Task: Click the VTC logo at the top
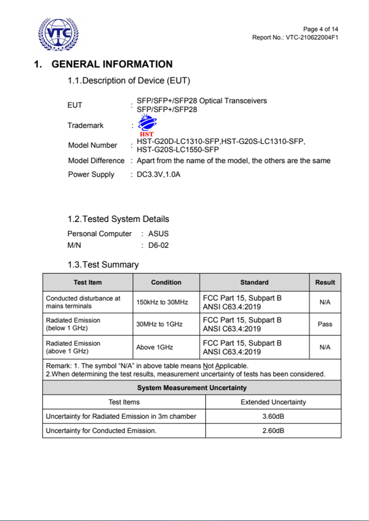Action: click(58, 34)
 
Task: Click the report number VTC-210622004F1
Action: click(312, 37)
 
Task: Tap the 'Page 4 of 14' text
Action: click(320, 29)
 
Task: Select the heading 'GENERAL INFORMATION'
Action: click(112, 64)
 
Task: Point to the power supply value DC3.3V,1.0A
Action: click(158, 174)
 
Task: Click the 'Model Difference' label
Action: click(96, 161)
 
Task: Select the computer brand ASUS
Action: click(158, 234)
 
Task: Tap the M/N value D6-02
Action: click(158, 245)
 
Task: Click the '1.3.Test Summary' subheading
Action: click(103, 265)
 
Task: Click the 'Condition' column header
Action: click(166, 282)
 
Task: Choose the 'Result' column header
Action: click(325, 282)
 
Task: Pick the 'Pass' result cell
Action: click(325, 324)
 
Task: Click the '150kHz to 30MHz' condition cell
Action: click(162, 302)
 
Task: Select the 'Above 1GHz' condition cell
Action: click(155, 347)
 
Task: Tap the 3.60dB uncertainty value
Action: click(273, 416)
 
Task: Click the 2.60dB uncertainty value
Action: click(273, 430)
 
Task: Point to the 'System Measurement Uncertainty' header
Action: click(192, 388)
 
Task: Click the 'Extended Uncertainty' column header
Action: click(273, 402)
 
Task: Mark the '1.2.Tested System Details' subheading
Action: click(118, 219)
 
